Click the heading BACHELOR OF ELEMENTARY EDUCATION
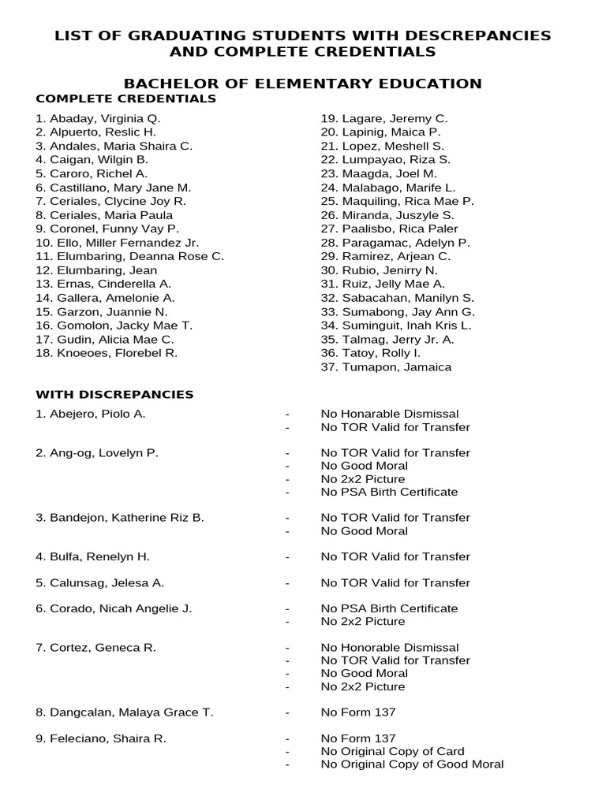point(303,84)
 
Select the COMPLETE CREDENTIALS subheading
point(125,99)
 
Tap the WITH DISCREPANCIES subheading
point(114,394)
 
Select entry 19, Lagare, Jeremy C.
point(384,118)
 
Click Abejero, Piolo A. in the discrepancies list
point(91,414)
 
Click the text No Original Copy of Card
point(392,751)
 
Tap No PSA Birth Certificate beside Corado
point(389,608)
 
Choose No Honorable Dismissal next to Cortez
point(389,648)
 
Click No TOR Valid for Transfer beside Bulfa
point(395,556)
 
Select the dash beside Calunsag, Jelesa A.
point(287,583)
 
